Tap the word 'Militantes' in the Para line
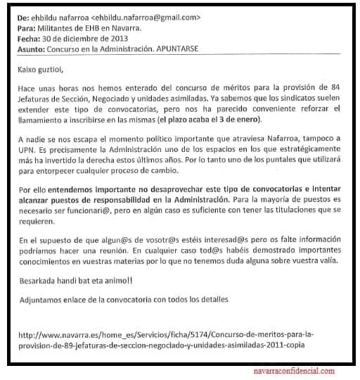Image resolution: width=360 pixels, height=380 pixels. pyautogui.click(x=53, y=27)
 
